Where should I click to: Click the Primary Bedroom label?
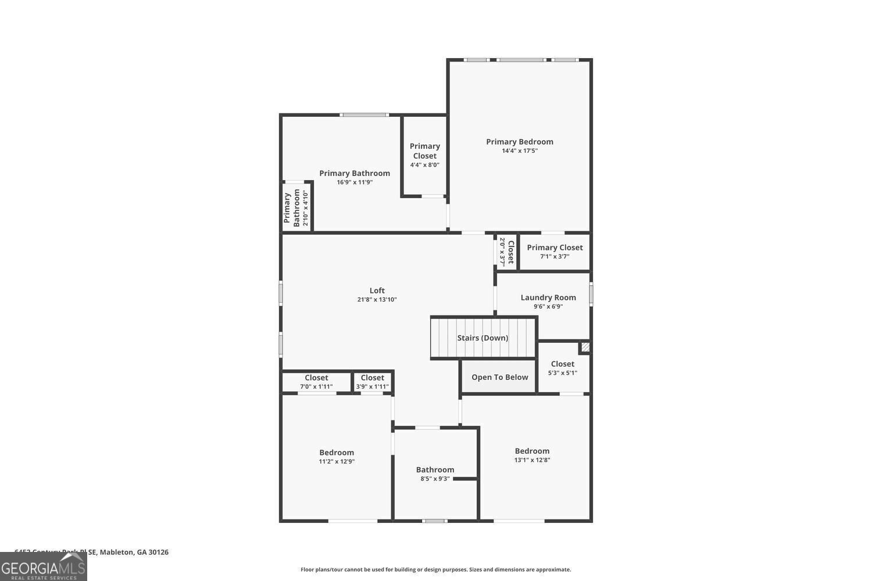[x=519, y=142]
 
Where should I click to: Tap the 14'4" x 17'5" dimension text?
[x=520, y=151]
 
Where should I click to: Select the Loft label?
[x=377, y=290]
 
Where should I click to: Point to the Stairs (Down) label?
[x=483, y=338]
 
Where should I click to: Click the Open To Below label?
[x=499, y=377]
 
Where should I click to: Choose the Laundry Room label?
[x=548, y=297]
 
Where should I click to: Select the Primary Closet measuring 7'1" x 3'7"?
[x=555, y=252]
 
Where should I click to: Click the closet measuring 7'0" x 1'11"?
[x=316, y=382]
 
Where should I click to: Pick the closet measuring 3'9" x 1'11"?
[x=372, y=382]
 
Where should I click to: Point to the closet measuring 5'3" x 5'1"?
[x=562, y=368]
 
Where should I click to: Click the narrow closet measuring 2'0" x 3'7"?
[x=507, y=252]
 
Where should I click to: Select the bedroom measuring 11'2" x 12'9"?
[x=337, y=457]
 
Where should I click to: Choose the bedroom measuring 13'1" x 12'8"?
[x=532, y=455]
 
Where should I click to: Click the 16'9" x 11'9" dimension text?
[x=354, y=182]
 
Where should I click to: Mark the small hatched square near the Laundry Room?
[x=585, y=347]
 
